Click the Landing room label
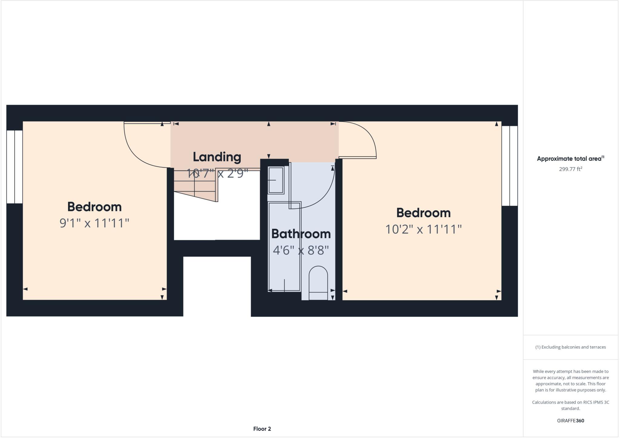tap(217, 157)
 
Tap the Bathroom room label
tap(301, 234)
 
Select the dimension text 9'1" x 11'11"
tap(94, 223)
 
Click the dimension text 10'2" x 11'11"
tap(423, 229)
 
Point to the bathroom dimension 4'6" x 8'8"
tap(301, 250)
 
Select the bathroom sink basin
tap(276, 180)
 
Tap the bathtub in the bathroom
tap(284, 247)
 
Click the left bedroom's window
tap(15, 167)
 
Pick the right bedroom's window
tap(510, 166)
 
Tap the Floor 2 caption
tap(262, 429)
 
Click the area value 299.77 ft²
tap(570, 169)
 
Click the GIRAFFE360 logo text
tap(570, 421)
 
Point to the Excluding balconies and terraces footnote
tap(570, 347)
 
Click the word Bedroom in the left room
tap(94, 207)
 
